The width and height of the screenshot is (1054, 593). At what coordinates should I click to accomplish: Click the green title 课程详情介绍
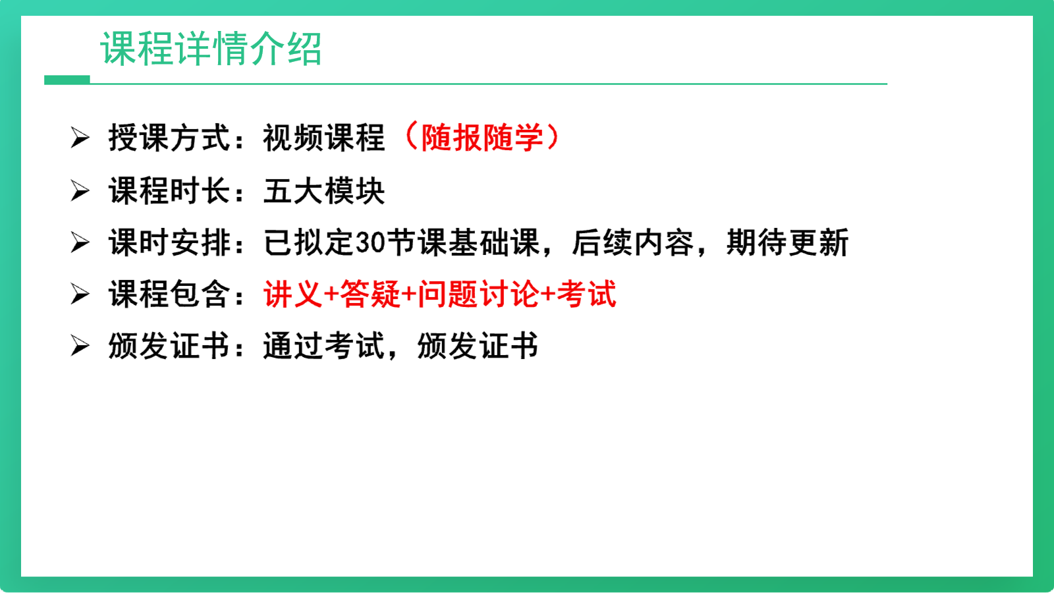tap(211, 49)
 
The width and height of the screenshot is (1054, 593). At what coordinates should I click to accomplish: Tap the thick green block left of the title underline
tap(67, 80)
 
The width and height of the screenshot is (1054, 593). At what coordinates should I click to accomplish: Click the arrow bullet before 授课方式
tap(80, 138)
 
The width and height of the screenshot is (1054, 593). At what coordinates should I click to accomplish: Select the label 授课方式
tap(169, 138)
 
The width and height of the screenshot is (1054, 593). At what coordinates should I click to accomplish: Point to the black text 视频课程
tap(324, 138)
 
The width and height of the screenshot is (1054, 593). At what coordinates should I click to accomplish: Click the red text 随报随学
tap(482, 138)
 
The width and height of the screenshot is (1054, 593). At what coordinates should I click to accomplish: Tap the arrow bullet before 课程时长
tap(80, 191)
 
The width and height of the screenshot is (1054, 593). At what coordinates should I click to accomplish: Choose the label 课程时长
tap(169, 191)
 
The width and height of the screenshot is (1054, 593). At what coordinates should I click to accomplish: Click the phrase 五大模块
tap(324, 191)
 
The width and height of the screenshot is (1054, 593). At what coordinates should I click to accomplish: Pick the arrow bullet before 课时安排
tap(80, 243)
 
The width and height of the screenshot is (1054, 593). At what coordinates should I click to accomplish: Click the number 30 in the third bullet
tap(370, 243)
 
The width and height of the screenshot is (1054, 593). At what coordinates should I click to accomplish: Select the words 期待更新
tap(788, 243)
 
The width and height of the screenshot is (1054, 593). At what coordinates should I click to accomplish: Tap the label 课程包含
tap(169, 295)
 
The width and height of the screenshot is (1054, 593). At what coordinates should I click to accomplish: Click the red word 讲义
tap(292, 295)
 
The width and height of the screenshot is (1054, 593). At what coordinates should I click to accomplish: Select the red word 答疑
tap(370, 295)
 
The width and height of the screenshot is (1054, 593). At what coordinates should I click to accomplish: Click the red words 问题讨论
tap(478, 295)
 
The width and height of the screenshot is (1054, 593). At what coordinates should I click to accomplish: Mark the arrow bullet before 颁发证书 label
tap(80, 347)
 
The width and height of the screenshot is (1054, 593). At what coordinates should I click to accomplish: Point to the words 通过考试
tap(324, 347)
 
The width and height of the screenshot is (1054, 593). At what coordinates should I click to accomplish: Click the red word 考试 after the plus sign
tap(587, 295)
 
